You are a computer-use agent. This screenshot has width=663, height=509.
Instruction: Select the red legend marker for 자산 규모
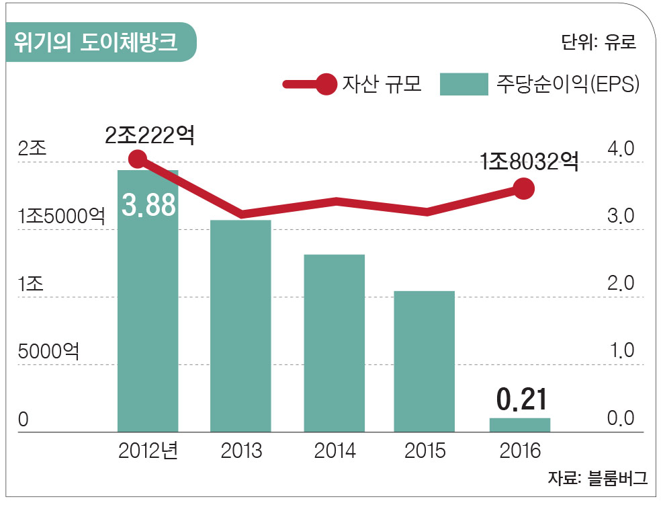pos(326,84)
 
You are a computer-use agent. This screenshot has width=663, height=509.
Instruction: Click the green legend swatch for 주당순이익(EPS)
pos(463,84)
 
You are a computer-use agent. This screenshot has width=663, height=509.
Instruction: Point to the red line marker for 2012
pos(138,159)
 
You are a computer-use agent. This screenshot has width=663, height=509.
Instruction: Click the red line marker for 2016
pos(523,189)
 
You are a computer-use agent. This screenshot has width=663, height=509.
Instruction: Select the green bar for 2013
pos(240,325)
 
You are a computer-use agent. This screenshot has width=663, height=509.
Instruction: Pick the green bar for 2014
pos(334,343)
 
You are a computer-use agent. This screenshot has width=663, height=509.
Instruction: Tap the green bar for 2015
pos(425,361)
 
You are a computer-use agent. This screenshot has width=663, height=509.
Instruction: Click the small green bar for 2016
pos(520,425)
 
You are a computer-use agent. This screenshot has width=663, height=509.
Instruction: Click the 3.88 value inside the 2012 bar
pos(148,205)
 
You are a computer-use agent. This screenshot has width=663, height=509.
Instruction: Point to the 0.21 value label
pos(522,399)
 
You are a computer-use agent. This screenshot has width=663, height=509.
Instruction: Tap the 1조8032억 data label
pos(529,161)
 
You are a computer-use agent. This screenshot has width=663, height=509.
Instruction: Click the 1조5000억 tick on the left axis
pos(62,217)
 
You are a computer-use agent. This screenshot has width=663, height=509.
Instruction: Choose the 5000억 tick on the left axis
pos(49,350)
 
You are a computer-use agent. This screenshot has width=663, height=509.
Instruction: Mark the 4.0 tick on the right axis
pos(620,149)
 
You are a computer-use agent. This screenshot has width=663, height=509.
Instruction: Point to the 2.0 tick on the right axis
pos(620,283)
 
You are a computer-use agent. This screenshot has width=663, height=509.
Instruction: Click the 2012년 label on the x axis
pos(148,450)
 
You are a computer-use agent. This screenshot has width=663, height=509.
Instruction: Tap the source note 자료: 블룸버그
pos(597,478)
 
